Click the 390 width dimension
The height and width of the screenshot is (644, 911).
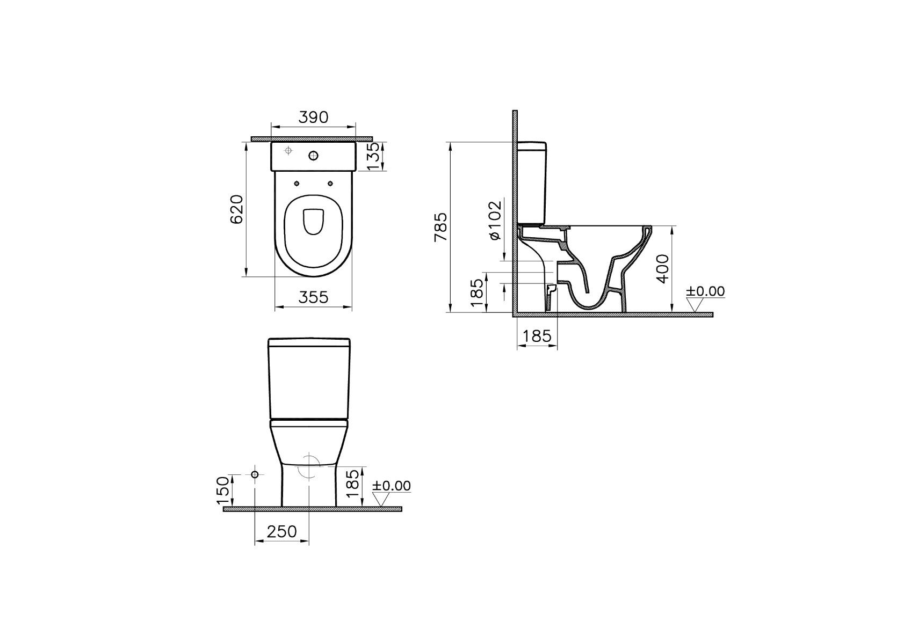coord(313,118)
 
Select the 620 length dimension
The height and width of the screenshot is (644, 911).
coord(237,209)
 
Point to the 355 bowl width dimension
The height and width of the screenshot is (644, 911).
coord(313,297)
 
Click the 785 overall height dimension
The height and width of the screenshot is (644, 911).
coord(441,227)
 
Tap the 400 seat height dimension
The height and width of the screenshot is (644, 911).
coord(662,268)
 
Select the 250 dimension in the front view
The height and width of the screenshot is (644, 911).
coord(282,531)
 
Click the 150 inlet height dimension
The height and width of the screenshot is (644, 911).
coord(223,490)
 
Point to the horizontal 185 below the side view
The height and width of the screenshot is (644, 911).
coord(537,336)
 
